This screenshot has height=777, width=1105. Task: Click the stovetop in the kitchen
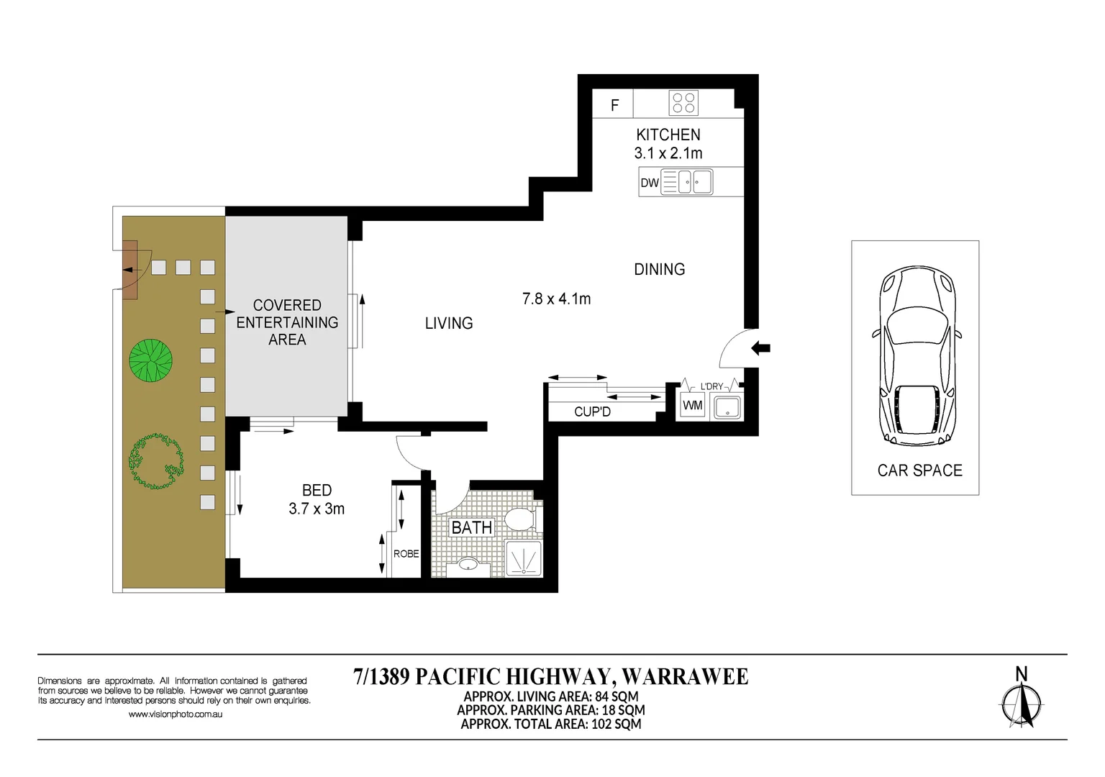pyautogui.click(x=683, y=103)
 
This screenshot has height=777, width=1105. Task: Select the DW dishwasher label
pyautogui.click(x=650, y=183)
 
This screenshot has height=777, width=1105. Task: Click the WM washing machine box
pyautogui.click(x=693, y=406)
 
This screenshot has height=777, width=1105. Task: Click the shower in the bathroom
pyautogui.click(x=523, y=558)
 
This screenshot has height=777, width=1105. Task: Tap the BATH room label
pyautogui.click(x=472, y=527)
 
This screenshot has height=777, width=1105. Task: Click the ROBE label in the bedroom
pyautogui.click(x=406, y=554)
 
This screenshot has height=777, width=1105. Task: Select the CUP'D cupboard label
pyautogui.click(x=593, y=412)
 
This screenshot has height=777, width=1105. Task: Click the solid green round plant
pyautogui.click(x=151, y=360)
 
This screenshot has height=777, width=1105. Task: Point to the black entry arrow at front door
pyautogui.click(x=760, y=348)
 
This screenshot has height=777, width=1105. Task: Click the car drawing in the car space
pyautogui.click(x=917, y=356)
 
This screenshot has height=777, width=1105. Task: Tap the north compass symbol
pyautogui.click(x=1021, y=701)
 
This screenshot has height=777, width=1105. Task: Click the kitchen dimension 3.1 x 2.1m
pyautogui.click(x=668, y=153)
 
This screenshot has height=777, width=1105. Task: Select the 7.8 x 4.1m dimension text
pyautogui.click(x=556, y=299)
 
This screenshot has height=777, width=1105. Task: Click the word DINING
pyautogui.click(x=660, y=269)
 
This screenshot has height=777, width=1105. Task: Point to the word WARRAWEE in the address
pyautogui.click(x=685, y=676)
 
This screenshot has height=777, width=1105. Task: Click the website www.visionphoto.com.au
pyautogui.click(x=176, y=714)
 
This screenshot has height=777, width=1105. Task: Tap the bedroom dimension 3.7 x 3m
pyautogui.click(x=317, y=509)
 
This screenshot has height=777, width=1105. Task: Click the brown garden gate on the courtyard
pyautogui.click(x=129, y=269)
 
